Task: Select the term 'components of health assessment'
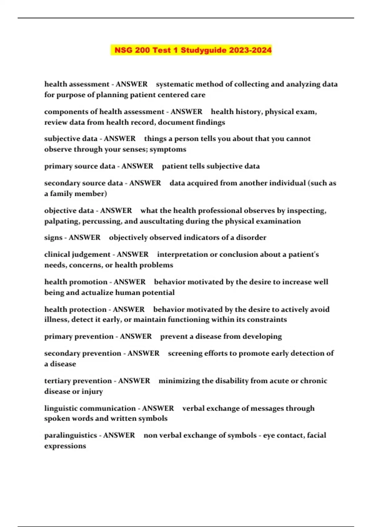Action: pos(104,112)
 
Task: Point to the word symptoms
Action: pos(168,149)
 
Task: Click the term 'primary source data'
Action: pos(80,166)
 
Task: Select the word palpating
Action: pos(62,221)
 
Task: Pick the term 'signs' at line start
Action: pos(53,238)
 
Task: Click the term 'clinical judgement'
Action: pos(77,255)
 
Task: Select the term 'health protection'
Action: pos(75,309)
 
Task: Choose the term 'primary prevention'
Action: pos(79,337)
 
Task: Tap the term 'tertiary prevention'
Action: pos(78,381)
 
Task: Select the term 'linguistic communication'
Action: pos(90,408)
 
